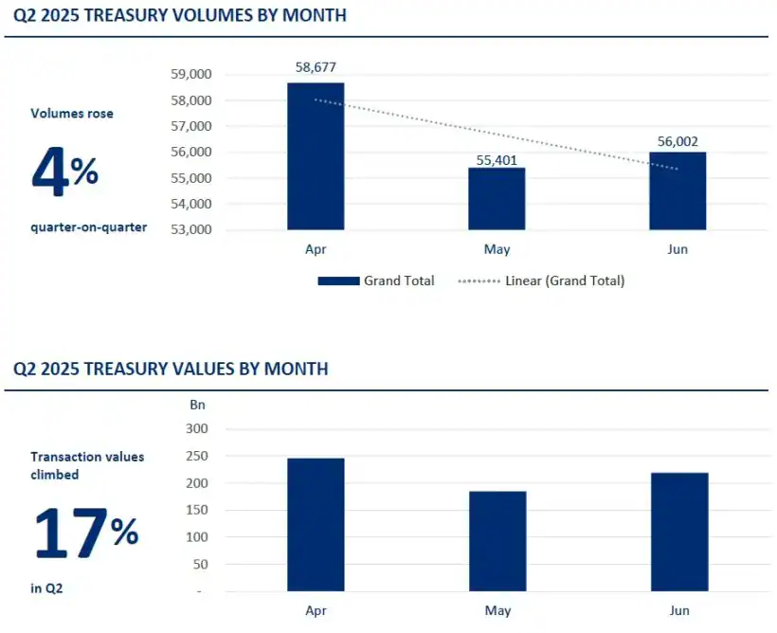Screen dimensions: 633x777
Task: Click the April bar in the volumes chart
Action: tap(316, 156)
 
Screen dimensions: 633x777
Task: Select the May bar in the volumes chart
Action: tap(497, 198)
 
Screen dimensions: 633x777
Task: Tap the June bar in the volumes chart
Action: tap(678, 190)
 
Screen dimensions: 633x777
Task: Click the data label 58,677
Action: tap(316, 67)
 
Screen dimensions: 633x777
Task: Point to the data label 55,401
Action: tap(497, 159)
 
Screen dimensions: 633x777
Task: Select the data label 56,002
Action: tap(678, 141)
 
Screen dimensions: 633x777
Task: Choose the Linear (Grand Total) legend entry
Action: tap(541, 280)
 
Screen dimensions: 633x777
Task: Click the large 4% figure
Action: tap(64, 172)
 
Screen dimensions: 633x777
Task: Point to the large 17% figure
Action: tap(85, 533)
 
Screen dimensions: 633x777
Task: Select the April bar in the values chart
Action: tap(316, 525)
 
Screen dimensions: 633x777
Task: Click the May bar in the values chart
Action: tap(497, 541)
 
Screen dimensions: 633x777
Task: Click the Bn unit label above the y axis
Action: tap(196, 405)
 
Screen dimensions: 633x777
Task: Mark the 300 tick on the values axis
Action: tap(195, 429)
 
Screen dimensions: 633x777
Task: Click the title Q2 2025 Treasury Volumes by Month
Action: tap(180, 15)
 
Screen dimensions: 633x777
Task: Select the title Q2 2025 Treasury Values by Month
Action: tap(171, 369)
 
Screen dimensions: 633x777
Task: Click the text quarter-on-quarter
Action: tap(89, 226)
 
